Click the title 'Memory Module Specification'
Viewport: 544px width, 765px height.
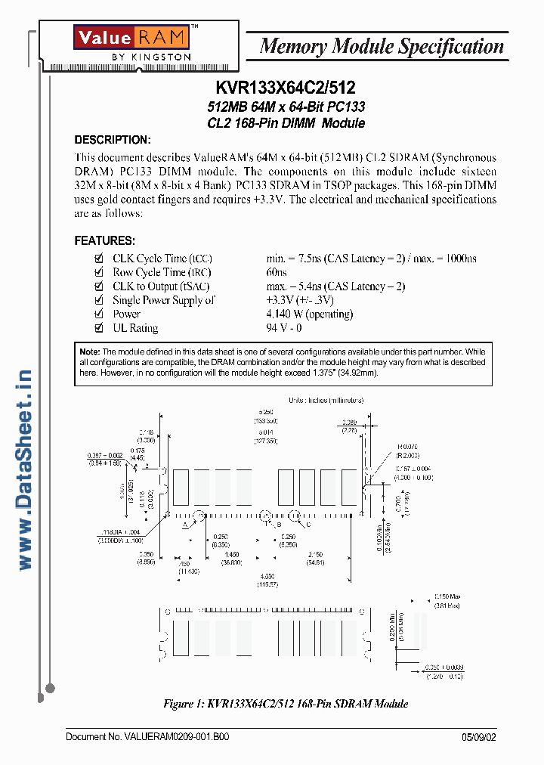[x=381, y=46]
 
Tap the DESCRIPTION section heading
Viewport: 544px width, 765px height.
[x=113, y=140]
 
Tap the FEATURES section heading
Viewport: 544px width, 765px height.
[x=105, y=240]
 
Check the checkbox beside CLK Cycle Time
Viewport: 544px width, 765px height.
[x=98, y=259]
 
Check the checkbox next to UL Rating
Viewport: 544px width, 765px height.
[x=98, y=327]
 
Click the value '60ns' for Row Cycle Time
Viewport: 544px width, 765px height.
[x=277, y=272]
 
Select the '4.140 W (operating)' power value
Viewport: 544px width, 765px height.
[x=310, y=314]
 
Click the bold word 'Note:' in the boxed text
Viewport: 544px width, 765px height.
[x=90, y=352]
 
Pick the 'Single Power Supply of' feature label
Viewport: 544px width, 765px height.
[x=164, y=300]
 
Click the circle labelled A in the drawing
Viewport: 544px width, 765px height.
[x=199, y=516]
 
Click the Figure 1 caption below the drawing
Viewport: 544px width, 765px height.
[x=286, y=704]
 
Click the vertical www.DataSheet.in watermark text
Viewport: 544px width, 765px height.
[x=24, y=469]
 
